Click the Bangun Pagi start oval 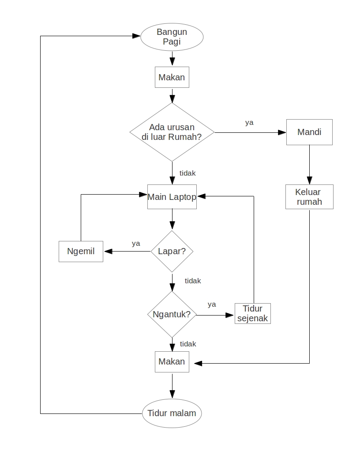pos(172,37)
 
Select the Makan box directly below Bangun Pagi pos(172,78)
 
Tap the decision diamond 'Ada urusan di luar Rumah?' pos(172,132)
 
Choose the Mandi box pos(309,132)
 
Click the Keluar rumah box pos(309,197)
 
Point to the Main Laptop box pos(172,197)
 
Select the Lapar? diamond pos(172,252)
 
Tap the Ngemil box pos(81,252)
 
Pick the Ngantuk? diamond pos(172,315)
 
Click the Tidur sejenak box pos(252,314)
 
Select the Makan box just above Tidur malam pos(172,362)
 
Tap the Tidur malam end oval pos(172,413)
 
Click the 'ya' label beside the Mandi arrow pos(249,123)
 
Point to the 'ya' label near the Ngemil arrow pos(136,243)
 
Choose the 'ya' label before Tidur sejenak pos(212,304)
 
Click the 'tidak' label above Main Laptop pos(187,173)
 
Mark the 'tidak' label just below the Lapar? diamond pos(193,281)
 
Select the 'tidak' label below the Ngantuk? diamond pos(188,344)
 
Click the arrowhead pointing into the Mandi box pos(282,132)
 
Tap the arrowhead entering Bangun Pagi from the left pos(137,36)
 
